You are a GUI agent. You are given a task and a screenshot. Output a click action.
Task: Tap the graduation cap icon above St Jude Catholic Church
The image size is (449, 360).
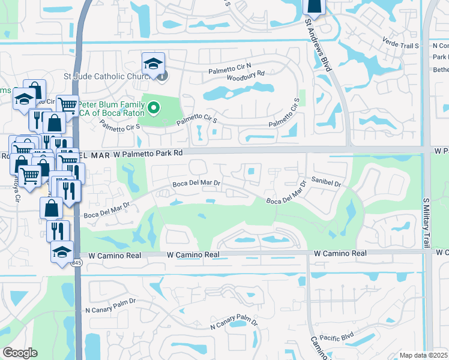(x=153, y=63)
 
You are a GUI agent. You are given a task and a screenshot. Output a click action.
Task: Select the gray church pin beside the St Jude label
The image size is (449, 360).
(x=162, y=76)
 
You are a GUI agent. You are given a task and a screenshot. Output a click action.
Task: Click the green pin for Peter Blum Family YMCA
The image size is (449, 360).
(x=154, y=108)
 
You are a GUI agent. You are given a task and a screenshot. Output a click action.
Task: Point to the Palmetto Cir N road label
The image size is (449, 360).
(x=231, y=71)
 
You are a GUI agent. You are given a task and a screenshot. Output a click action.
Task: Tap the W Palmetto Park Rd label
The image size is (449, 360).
(x=148, y=153)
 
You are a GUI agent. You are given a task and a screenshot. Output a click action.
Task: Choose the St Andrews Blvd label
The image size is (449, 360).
(x=318, y=45)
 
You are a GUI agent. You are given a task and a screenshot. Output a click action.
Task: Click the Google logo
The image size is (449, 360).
(x=20, y=353)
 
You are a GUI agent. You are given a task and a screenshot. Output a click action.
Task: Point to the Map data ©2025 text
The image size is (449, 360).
(x=424, y=355)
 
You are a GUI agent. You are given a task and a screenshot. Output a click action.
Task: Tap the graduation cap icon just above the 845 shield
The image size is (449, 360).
(x=62, y=252)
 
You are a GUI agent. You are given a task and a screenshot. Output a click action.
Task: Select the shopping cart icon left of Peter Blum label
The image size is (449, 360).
(x=67, y=106)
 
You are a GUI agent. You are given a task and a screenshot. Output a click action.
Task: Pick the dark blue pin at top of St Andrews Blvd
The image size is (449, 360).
(x=314, y=6)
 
